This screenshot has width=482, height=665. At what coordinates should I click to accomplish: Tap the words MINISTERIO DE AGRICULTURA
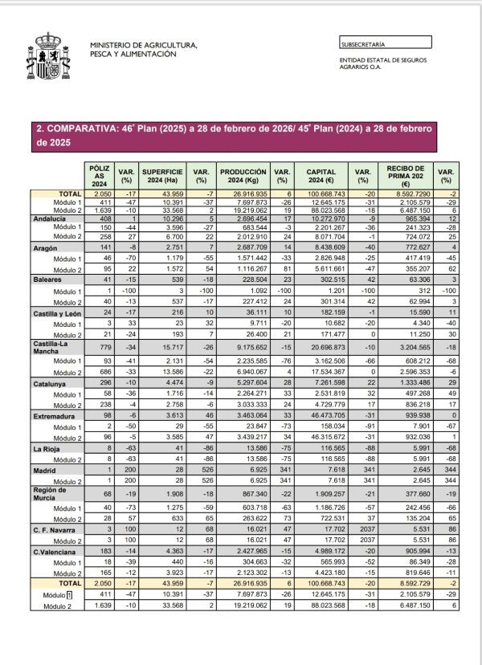pyautogui.click(x=144, y=46)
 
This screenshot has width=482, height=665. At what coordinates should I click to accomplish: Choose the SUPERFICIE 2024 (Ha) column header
pyautogui.click(x=163, y=175)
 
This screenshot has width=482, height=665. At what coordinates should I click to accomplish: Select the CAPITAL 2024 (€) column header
pyautogui.click(x=321, y=175)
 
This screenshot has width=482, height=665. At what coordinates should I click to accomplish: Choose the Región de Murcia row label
pyautogui.click(x=50, y=493)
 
